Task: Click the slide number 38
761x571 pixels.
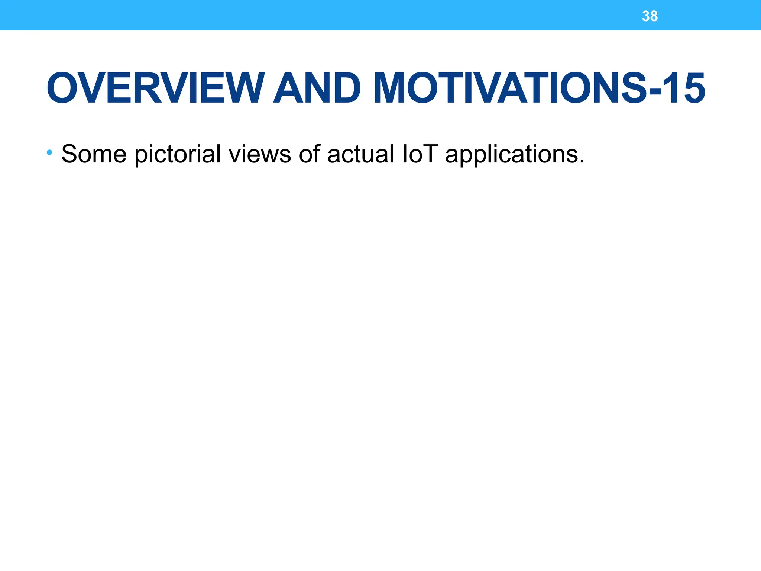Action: click(x=650, y=16)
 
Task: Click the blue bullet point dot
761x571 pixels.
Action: click(x=49, y=152)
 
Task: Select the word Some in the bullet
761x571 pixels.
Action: click(x=94, y=154)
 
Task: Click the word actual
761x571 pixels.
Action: click(x=360, y=154)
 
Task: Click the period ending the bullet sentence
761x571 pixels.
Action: click(x=582, y=162)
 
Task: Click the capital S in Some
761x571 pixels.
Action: click(x=69, y=154)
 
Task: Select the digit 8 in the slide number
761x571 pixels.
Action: click(x=654, y=16)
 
